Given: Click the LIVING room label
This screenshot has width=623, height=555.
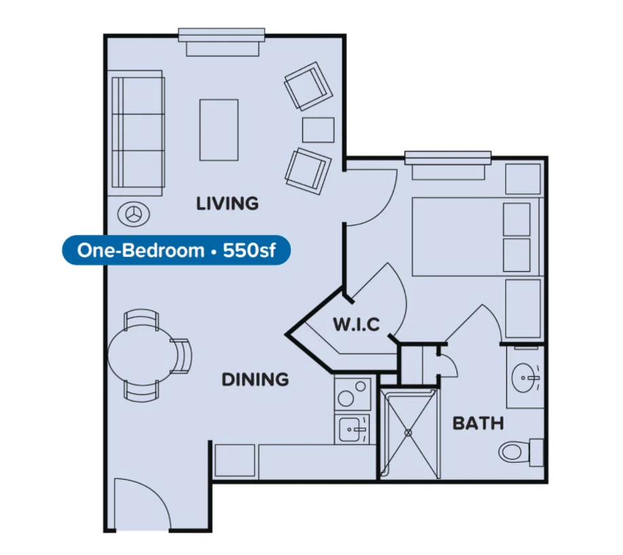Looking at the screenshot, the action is point(228,203).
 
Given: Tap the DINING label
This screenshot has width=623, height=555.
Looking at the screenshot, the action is point(255,380).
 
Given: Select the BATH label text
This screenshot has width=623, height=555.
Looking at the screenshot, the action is point(478,423).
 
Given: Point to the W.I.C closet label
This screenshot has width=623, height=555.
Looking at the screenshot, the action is point(357,325).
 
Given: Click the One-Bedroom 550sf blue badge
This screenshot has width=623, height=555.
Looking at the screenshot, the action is point(176,250).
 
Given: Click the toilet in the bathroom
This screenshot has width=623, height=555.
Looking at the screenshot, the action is point(521,452).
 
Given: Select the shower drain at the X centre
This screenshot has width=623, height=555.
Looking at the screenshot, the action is point(408,433).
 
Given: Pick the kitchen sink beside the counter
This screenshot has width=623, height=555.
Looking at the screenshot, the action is point(352,429).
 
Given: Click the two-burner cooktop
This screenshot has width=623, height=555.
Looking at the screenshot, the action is point(353,394).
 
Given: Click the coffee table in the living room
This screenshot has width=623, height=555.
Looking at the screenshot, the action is point(219,130).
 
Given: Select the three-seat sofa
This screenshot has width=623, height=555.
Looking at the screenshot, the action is point(137,132).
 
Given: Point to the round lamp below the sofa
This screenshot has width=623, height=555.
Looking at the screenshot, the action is point(134,215).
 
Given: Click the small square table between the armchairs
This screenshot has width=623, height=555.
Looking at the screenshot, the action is point(318,130).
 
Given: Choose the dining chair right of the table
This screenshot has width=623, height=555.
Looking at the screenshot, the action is point(181,356).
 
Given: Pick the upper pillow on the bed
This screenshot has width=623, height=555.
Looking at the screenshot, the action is point(516,219).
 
